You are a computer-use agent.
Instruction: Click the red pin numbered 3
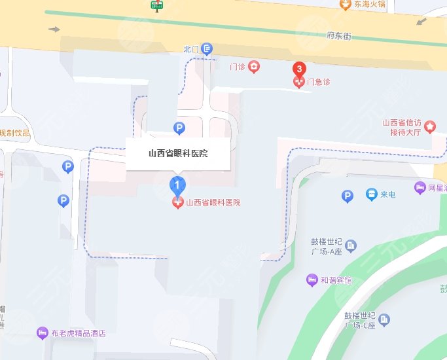[299, 69]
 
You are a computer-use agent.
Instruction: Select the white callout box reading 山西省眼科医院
[177, 154]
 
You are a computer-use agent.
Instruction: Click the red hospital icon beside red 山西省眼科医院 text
[177, 203]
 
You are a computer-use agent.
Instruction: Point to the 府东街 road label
[339, 37]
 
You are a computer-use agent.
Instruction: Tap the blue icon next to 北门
[207, 48]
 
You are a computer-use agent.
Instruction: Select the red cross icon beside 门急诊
[299, 82]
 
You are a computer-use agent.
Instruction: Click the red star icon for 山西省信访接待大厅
[430, 126]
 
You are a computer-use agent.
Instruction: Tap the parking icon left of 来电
[348, 196]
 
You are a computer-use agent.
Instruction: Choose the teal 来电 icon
[371, 194]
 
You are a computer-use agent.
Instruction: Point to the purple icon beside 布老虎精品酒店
[43, 333]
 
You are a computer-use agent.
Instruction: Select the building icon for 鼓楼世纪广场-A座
[351, 246]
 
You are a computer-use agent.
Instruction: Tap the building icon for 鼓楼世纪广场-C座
[385, 320]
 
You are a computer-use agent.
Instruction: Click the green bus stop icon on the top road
[156, 6]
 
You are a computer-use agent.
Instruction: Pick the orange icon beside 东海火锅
[345, 5]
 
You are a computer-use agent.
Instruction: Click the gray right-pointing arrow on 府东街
[54, 29]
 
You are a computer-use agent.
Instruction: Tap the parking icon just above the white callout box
[177, 128]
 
